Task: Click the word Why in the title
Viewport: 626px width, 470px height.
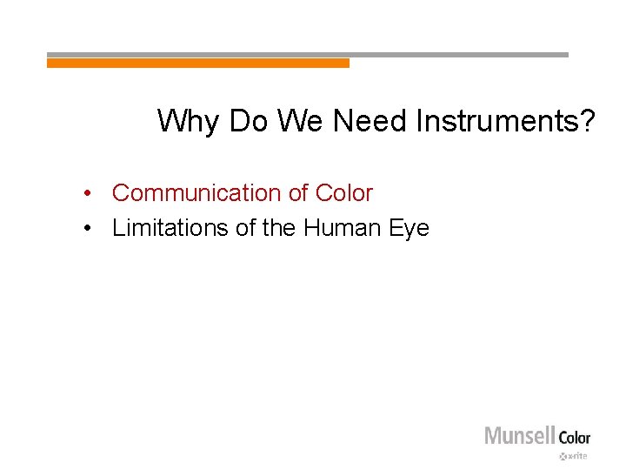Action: point(189,121)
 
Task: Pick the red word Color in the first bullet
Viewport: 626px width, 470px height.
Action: point(343,193)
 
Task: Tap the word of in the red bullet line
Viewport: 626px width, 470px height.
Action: point(299,193)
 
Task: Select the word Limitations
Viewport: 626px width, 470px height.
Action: point(170,228)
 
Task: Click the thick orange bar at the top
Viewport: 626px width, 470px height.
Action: point(197,63)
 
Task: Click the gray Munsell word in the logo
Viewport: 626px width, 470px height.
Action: point(519,435)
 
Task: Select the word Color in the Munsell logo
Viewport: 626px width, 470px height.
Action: point(574,437)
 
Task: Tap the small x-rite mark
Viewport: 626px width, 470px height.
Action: point(574,455)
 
